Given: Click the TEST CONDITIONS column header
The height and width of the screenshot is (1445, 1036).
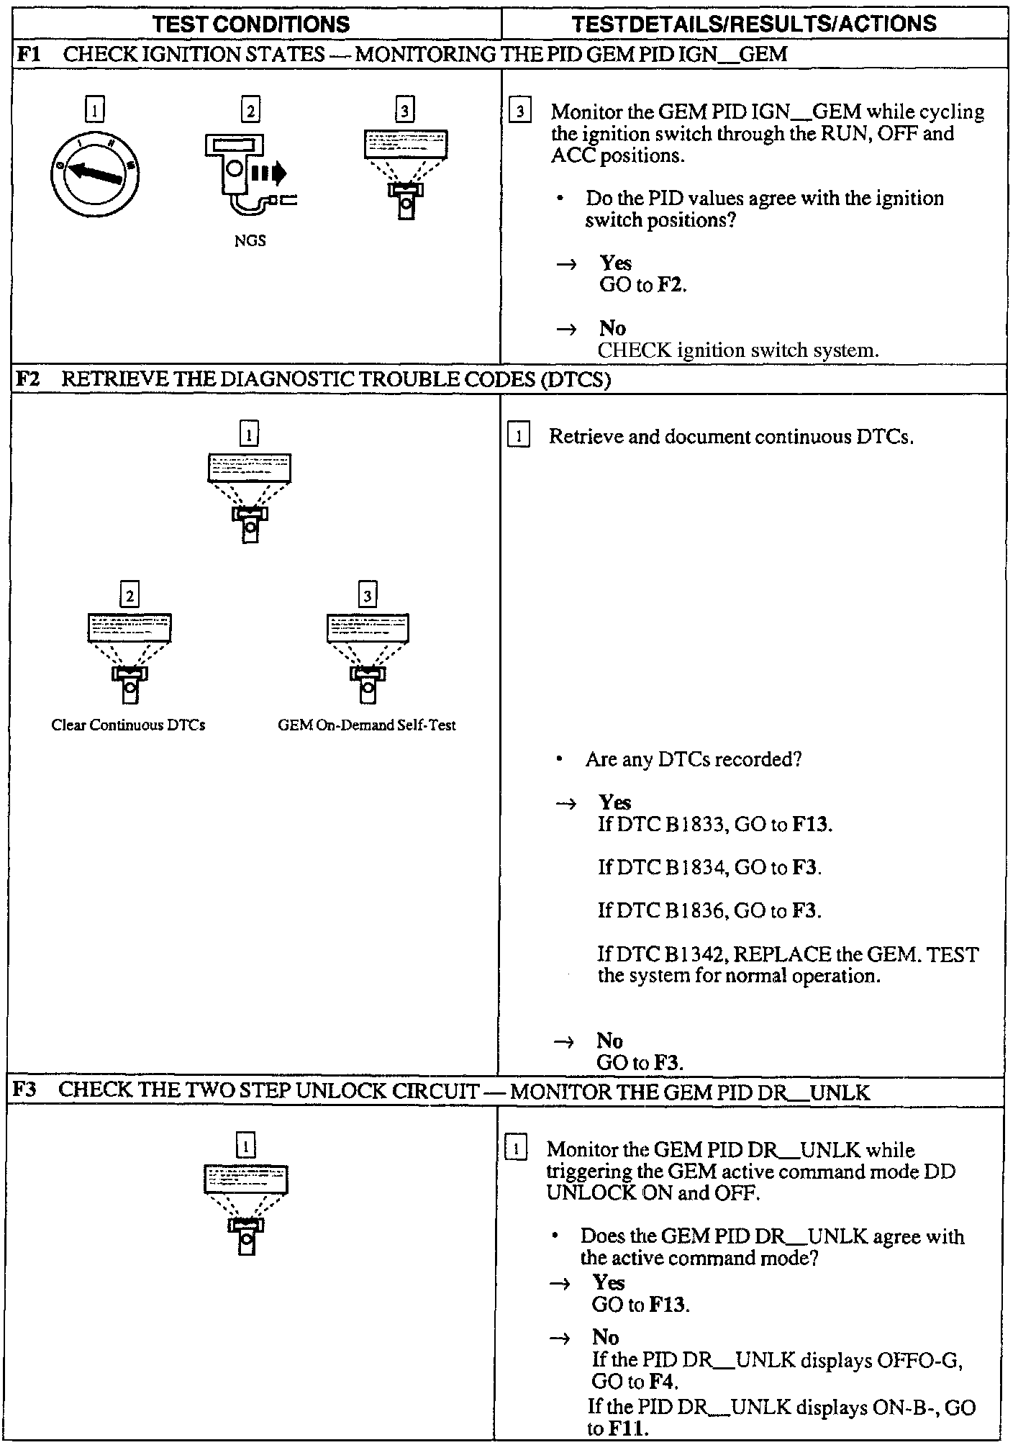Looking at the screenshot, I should click(251, 24).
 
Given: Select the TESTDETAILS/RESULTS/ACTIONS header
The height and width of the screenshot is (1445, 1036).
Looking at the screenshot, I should click(754, 24).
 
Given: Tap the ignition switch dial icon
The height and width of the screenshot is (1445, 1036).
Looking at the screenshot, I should click(95, 173).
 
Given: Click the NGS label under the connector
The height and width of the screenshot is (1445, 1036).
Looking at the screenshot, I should click(250, 241).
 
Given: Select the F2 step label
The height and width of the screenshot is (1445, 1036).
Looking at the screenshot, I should click(28, 379).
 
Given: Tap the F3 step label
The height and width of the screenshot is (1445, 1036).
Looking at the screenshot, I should click(26, 1091).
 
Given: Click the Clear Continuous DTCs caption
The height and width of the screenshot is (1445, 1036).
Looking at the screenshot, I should click(128, 725).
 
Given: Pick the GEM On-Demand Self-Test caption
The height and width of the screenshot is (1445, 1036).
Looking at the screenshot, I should click(367, 725).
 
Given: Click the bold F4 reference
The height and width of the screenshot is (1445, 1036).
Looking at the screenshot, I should click(663, 1382).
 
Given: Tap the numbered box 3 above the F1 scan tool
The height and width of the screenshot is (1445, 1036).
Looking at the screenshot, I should click(405, 110).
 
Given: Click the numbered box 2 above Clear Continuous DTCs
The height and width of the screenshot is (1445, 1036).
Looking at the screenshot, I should click(129, 596).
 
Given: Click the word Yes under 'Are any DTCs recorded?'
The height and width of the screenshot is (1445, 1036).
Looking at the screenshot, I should click(614, 802).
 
